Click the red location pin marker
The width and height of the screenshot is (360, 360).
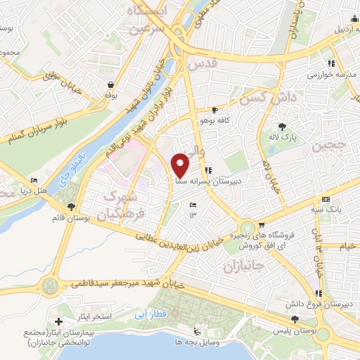click(x=181, y=165)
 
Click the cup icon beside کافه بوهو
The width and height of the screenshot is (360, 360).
click(x=214, y=110)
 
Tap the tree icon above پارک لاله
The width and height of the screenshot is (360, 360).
click(x=282, y=127)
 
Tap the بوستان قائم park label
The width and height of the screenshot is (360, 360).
click(x=72, y=218)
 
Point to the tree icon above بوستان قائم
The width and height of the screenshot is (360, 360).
click(x=71, y=207)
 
